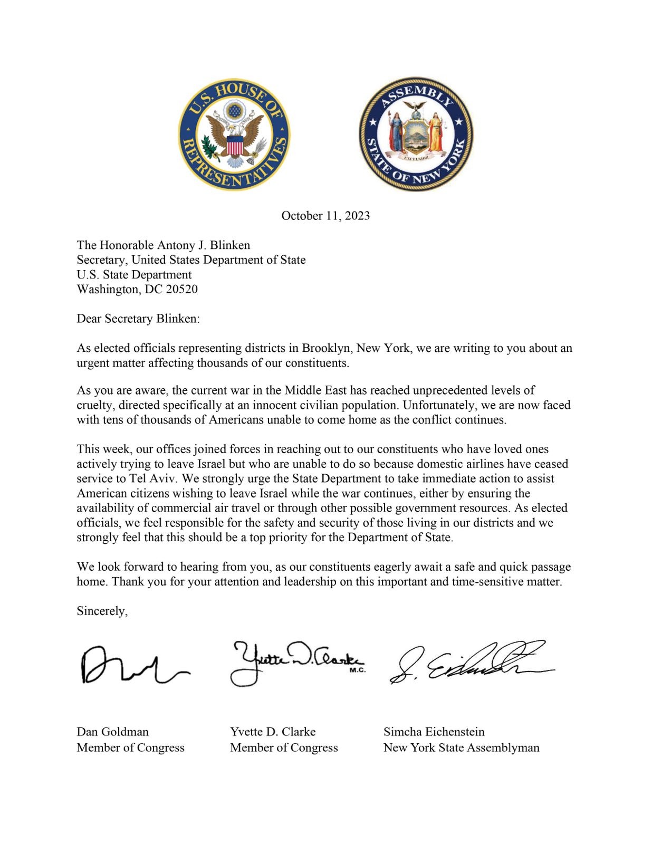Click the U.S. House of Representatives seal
(x=234, y=135)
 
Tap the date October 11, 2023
(x=325, y=216)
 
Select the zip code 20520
(x=181, y=289)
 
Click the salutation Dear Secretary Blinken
(x=138, y=319)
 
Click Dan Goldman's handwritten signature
(x=132, y=665)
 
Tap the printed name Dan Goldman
(x=112, y=732)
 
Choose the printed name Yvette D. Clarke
(x=273, y=732)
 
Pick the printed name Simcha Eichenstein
(x=434, y=732)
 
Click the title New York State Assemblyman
(x=461, y=747)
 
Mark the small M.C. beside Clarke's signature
(x=358, y=671)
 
